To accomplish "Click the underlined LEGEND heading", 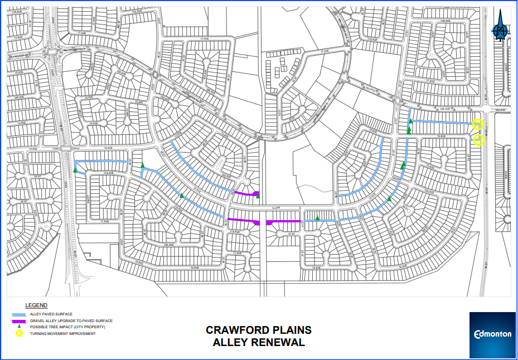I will tap(36, 305).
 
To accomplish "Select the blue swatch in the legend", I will tap(20, 315).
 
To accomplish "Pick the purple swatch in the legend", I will tap(20, 322).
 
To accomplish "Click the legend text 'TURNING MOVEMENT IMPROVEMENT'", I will tap(62, 334).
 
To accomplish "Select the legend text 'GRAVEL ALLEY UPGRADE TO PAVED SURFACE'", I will tap(71, 321).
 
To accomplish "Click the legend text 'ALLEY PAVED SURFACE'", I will tap(51, 314).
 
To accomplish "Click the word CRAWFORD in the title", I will tap(234, 330).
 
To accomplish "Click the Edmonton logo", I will tap(492, 334).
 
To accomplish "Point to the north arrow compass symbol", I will tap(501, 31).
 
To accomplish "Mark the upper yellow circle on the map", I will tap(478, 124).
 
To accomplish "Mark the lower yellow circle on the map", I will tap(478, 140).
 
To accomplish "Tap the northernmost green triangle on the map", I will tap(410, 121).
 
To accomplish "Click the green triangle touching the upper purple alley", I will tap(258, 196).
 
